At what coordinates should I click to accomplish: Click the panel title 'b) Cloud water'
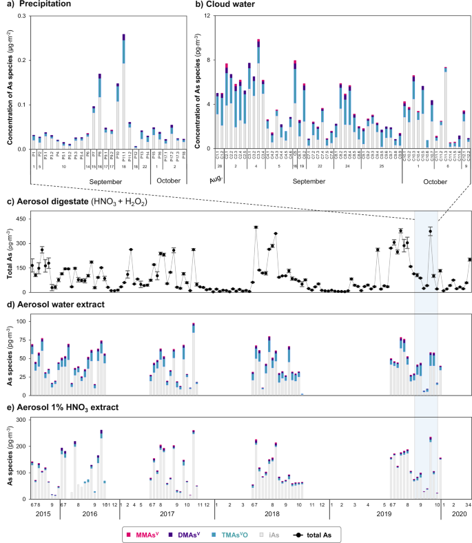coord(227,5)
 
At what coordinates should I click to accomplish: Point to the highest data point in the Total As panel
coord(256,227)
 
